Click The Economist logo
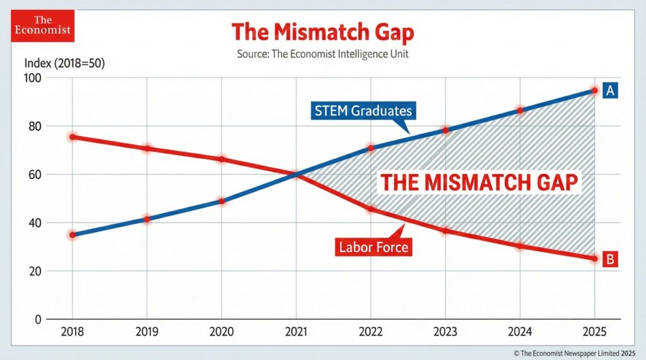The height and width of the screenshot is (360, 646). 36,26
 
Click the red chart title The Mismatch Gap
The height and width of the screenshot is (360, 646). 322,32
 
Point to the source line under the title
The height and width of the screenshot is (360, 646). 322,54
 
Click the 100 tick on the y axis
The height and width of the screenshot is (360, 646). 32,78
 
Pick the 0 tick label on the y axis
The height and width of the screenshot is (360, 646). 37,320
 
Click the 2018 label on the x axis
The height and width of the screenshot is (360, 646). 73,332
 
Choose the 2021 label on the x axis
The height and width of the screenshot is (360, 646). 296,332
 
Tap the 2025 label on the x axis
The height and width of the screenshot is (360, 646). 594,332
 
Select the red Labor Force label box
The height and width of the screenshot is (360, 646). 373,247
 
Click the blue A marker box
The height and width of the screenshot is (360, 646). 610,91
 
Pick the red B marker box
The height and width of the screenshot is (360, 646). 610,258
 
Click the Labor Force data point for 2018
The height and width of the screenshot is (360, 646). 73,137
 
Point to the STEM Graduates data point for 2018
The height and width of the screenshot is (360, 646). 73,235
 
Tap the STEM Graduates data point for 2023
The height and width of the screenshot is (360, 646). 445,130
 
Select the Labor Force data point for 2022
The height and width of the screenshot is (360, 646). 371,208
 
